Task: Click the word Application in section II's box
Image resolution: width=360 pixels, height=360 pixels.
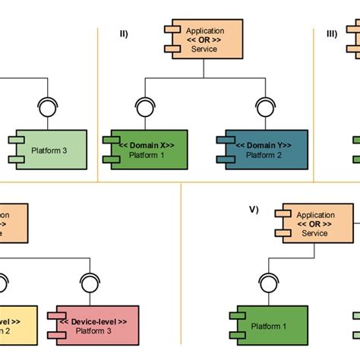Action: (x=204, y=31)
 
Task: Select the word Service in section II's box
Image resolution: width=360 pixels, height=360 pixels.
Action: (x=204, y=49)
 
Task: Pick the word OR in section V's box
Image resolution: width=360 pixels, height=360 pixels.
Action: (x=314, y=224)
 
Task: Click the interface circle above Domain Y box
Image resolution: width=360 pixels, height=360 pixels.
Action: (x=265, y=106)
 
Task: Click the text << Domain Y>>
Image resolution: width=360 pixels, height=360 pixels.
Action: (x=263, y=144)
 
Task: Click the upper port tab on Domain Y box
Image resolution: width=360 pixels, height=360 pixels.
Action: (x=220, y=141)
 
